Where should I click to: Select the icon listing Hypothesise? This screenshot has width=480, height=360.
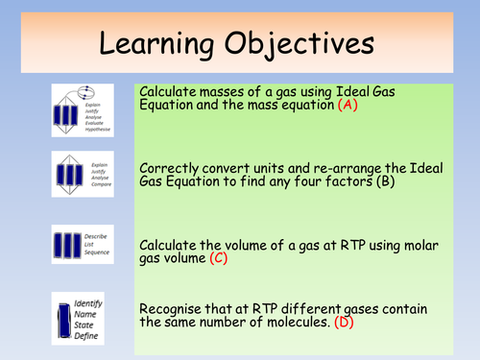[x=82, y=109]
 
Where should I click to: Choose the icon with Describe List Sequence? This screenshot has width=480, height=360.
[x=82, y=246]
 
